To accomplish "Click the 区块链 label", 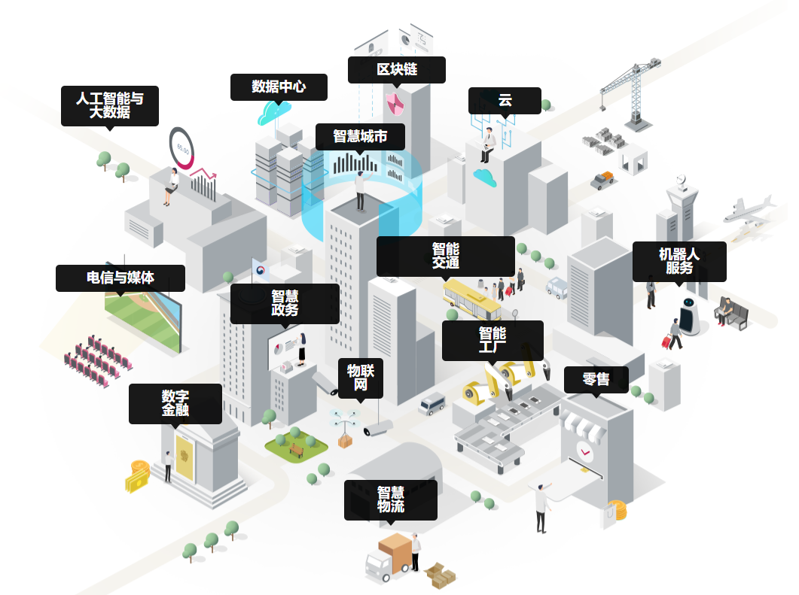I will coord(396,69).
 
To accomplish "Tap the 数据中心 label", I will coord(279,87).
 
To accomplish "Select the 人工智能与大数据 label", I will coord(110,105).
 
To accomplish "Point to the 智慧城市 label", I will coord(360,137).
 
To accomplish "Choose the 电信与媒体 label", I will coord(120,278).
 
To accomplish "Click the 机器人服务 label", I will coord(679,261).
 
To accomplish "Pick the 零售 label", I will coord(596,380).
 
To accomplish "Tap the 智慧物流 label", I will coord(391,499).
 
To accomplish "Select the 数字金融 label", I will coord(175,403).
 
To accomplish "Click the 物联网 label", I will coord(361,377).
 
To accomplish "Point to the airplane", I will coord(749,209).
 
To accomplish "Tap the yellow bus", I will coord(470,299).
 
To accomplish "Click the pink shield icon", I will coord(396,102).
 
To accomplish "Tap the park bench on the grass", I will coord(297,451).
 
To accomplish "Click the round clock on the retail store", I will coord(585,451).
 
